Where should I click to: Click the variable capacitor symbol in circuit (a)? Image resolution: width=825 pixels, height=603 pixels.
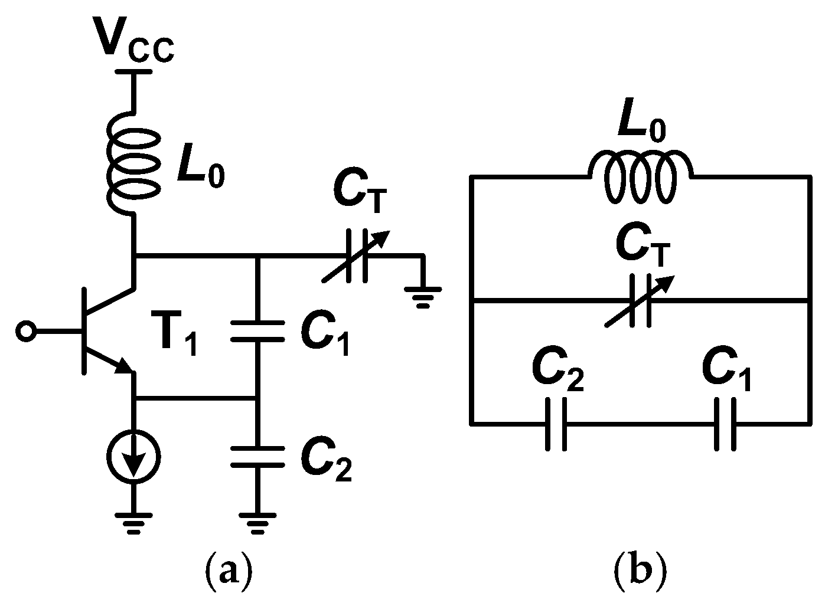click(x=354, y=256)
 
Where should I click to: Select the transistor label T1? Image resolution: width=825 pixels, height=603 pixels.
click(x=177, y=340)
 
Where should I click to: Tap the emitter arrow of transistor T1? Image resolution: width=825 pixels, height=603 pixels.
click(x=123, y=366)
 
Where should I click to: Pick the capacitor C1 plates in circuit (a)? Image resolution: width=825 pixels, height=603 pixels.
click(x=257, y=331)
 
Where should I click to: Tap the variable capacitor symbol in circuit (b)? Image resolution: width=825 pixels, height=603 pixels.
click(x=640, y=302)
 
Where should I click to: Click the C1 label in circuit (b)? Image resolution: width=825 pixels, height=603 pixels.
click(x=728, y=372)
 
